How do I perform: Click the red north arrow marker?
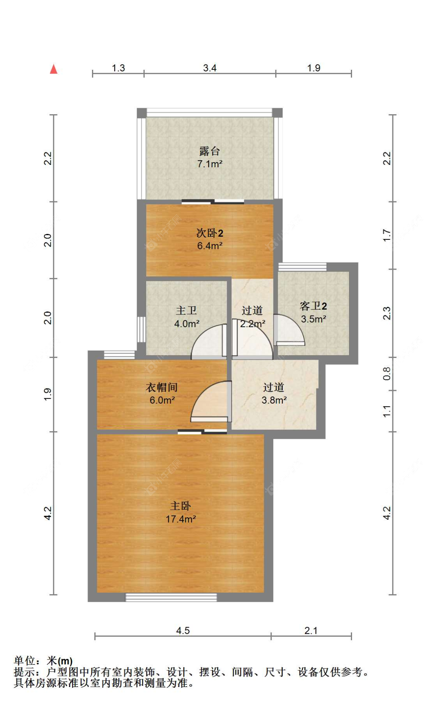(x=54, y=69)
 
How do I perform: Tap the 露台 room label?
(x=209, y=151)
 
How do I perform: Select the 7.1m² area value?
(x=209, y=164)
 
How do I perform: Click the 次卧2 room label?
(x=210, y=233)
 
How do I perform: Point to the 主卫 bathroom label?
(x=186, y=310)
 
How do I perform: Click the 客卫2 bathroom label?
(x=313, y=306)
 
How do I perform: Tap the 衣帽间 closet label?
(x=162, y=387)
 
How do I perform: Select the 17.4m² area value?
(x=181, y=519)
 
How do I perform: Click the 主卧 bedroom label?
(x=181, y=506)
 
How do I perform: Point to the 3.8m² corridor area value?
(x=274, y=400)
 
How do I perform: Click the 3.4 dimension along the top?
(x=210, y=68)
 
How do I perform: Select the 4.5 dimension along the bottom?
(x=183, y=630)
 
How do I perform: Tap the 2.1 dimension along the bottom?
(x=311, y=630)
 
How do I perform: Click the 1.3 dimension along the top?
(x=118, y=68)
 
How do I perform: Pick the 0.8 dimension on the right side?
(x=387, y=374)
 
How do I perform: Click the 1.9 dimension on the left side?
(x=48, y=394)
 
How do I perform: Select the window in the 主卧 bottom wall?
(x=171, y=597)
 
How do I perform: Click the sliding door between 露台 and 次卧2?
(x=213, y=202)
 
